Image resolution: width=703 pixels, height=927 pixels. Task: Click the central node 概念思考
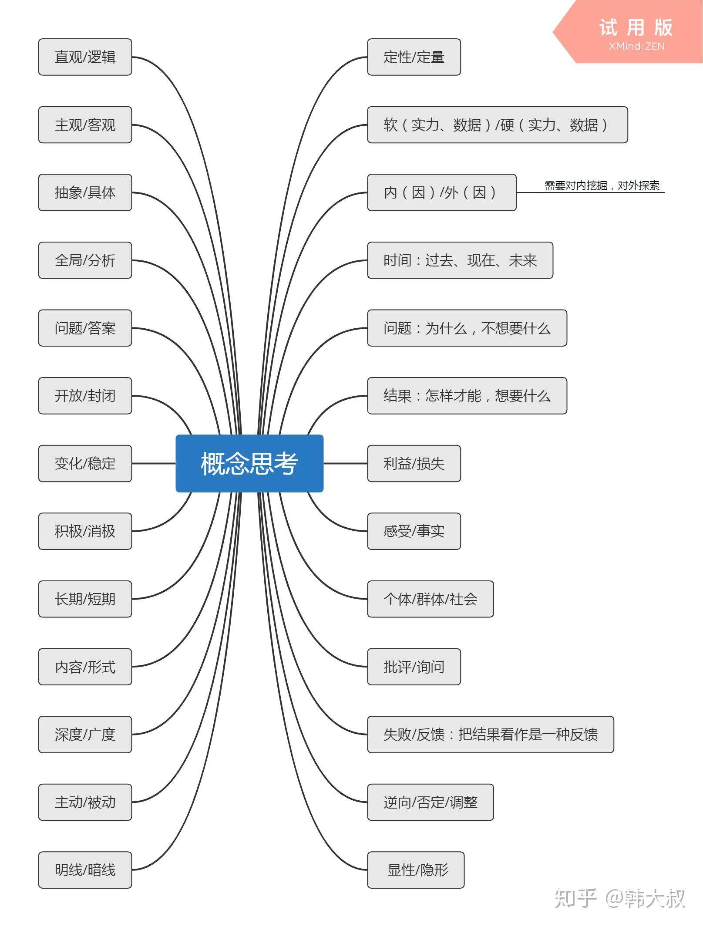tap(249, 463)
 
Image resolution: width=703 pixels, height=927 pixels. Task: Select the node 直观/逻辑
tap(85, 57)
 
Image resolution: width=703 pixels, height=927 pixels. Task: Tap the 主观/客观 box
tap(85, 125)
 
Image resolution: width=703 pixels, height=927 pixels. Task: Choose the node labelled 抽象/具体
tap(85, 192)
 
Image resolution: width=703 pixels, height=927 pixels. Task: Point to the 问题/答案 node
tap(85, 328)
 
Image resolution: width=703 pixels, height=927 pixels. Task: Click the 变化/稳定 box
tap(85, 463)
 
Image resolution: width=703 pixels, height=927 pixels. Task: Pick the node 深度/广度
tap(85, 734)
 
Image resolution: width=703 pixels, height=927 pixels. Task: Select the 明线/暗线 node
tap(85, 870)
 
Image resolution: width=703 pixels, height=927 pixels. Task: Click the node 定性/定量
tap(414, 57)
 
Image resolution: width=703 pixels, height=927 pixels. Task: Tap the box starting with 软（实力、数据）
tap(498, 125)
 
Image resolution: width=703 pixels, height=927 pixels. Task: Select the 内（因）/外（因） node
tap(442, 192)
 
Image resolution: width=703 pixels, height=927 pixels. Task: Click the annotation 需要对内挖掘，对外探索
tap(602, 186)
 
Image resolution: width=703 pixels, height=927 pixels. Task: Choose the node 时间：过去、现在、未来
tap(460, 260)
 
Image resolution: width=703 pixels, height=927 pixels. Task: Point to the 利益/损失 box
tap(414, 463)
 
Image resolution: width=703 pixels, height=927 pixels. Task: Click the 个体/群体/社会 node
tap(431, 599)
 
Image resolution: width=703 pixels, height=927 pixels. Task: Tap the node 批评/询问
tap(414, 667)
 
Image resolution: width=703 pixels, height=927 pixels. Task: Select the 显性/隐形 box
tap(416, 870)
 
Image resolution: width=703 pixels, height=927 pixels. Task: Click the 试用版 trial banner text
tap(636, 28)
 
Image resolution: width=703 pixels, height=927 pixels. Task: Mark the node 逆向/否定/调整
tap(431, 802)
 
